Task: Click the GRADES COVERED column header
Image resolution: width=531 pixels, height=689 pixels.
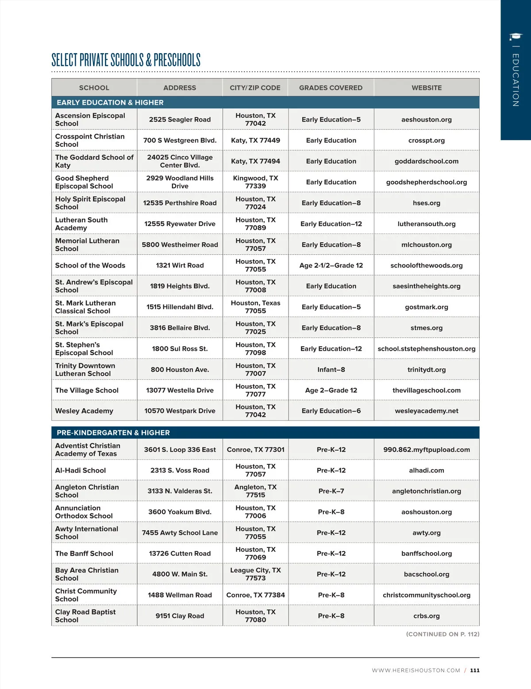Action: (x=331, y=88)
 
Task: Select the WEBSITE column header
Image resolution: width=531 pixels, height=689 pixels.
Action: (x=427, y=88)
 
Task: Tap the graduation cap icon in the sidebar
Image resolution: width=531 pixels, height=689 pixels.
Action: (x=515, y=37)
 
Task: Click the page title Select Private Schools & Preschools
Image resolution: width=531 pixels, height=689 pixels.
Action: (x=126, y=60)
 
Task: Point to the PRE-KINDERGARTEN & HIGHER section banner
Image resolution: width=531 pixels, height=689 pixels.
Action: (x=113, y=433)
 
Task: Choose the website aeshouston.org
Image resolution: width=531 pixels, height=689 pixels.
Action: (x=427, y=119)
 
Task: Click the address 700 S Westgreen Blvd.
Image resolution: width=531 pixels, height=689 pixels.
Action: (x=180, y=140)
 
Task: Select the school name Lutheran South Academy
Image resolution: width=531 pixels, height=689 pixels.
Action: (x=81, y=224)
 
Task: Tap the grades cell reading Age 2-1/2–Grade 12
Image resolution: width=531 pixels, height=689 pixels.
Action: (x=331, y=265)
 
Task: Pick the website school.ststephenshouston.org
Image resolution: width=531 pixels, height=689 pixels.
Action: (x=427, y=348)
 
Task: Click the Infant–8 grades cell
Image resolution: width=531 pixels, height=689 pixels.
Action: (x=331, y=369)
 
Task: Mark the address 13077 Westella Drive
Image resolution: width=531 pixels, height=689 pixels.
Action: (x=180, y=390)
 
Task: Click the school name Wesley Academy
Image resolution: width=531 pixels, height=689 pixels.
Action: (x=84, y=411)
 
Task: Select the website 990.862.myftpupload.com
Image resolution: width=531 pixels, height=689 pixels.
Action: (x=427, y=449)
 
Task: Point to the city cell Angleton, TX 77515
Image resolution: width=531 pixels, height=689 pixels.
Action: (x=255, y=491)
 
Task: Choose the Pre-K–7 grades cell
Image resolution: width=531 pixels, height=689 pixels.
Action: (x=331, y=491)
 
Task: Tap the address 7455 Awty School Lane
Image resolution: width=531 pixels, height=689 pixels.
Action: (x=180, y=532)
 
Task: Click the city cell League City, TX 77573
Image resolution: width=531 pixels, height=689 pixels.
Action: (x=255, y=574)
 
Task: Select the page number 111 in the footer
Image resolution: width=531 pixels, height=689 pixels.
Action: (x=475, y=670)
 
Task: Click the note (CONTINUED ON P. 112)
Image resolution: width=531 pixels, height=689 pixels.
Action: (x=442, y=634)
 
